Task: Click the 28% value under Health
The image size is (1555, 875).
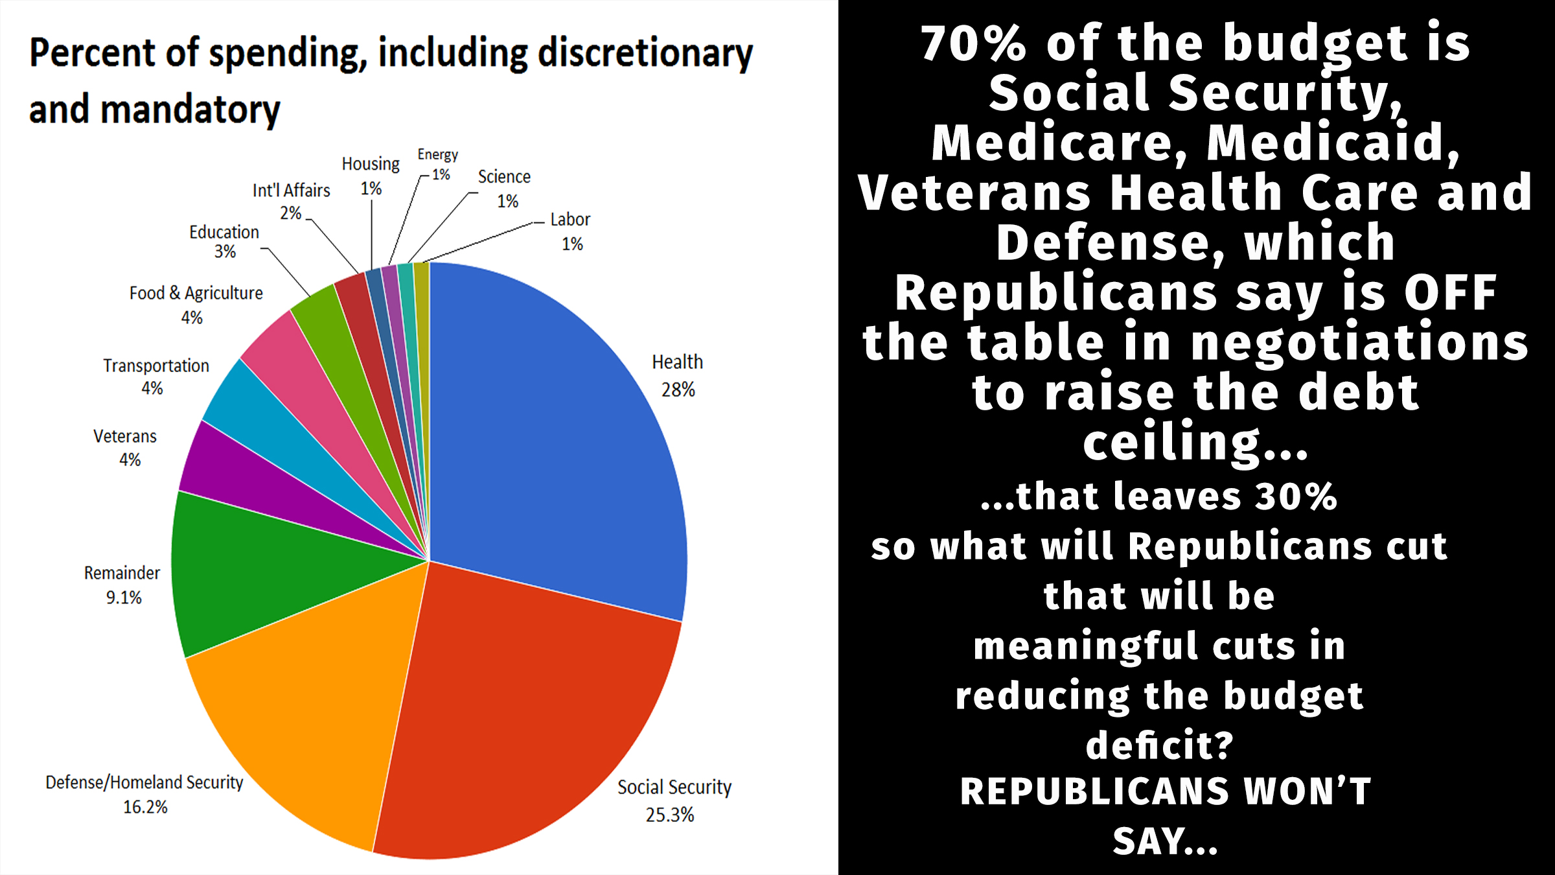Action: point(678,390)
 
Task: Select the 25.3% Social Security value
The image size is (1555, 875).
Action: point(669,815)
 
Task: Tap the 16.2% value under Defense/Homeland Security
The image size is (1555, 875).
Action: point(145,807)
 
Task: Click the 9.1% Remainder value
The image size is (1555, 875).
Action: point(124,597)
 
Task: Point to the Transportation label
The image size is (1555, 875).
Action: point(156,366)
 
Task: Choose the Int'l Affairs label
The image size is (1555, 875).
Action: point(291,191)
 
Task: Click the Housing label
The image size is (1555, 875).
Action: point(371,164)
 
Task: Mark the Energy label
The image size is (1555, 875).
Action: point(437,154)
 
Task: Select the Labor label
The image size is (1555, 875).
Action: point(570,220)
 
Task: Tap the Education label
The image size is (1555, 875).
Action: point(224,232)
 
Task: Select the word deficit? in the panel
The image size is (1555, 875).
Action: point(1159,745)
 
